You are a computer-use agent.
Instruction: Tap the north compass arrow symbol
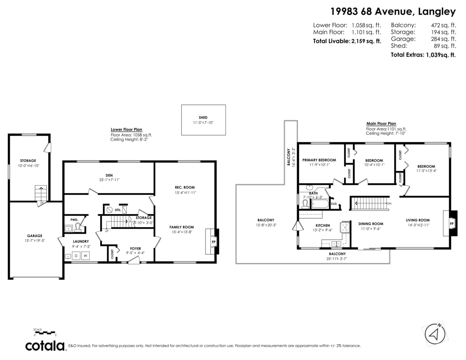(x=435, y=333)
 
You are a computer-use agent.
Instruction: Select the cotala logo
(x=45, y=346)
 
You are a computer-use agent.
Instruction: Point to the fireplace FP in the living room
(x=452, y=224)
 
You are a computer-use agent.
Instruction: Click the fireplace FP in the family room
(x=213, y=241)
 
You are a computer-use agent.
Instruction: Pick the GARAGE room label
(x=35, y=235)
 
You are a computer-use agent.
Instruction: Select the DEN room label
(x=109, y=174)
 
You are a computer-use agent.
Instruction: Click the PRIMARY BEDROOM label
(x=319, y=160)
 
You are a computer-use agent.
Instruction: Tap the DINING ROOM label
(x=370, y=224)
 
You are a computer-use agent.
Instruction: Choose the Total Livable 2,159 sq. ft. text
(x=347, y=41)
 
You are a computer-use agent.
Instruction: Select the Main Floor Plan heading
(x=381, y=123)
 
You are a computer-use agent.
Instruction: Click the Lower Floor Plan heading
(x=127, y=129)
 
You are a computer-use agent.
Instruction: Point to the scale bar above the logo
(x=45, y=332)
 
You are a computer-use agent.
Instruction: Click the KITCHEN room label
(x=323, y=225)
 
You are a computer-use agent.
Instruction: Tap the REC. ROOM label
(x=184, y=187)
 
